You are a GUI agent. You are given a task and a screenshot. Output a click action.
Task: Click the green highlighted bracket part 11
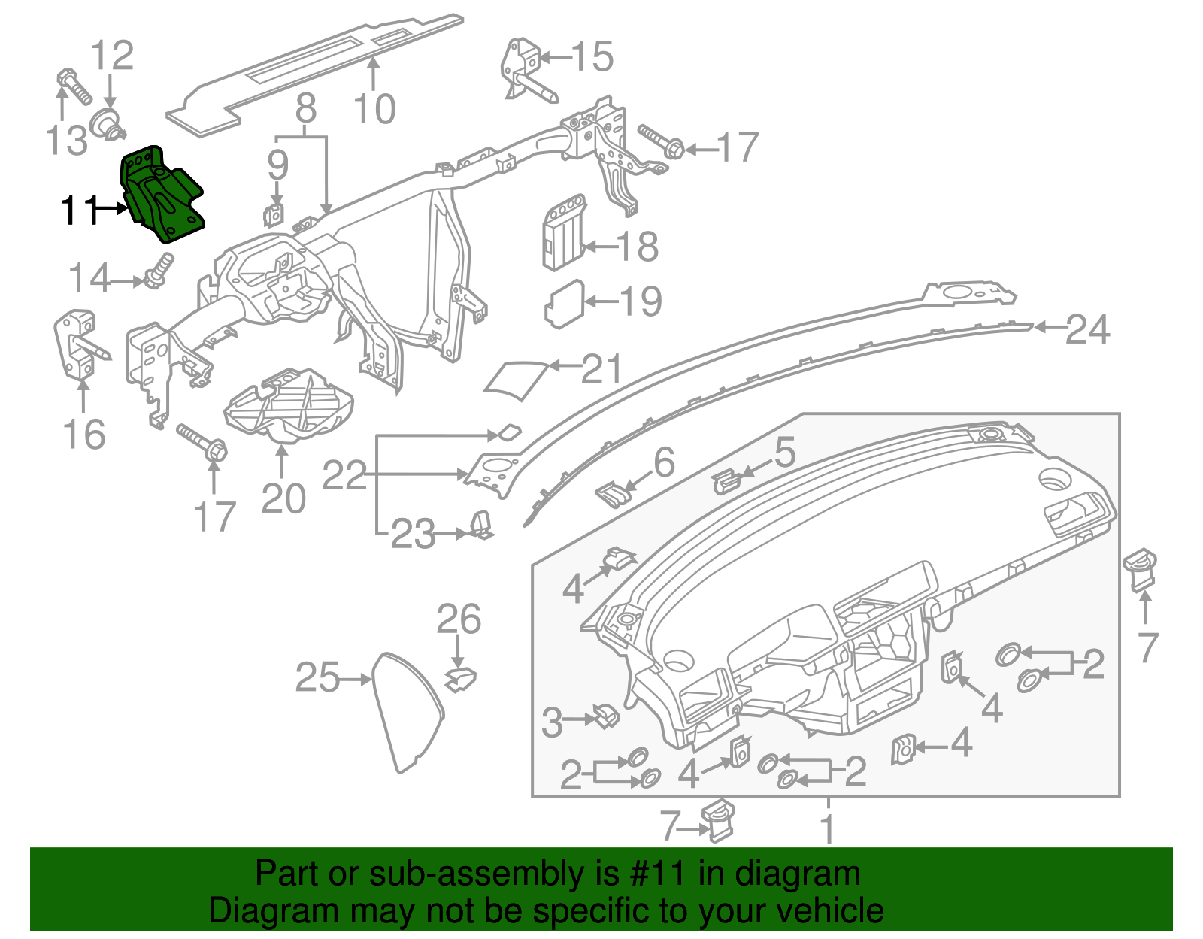tap(162, 195)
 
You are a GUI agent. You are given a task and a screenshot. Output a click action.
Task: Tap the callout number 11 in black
tap(79, 210)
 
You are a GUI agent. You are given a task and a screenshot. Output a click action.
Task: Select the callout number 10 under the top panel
tap(374, 110)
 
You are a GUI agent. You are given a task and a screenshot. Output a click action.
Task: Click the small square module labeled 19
tap(564, 304)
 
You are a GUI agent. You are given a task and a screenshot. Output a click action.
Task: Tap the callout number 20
tap(283, 499)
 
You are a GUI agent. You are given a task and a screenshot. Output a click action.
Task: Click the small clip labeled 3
tap(606, 716)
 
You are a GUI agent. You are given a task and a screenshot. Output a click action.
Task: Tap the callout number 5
tap(784, 453)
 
